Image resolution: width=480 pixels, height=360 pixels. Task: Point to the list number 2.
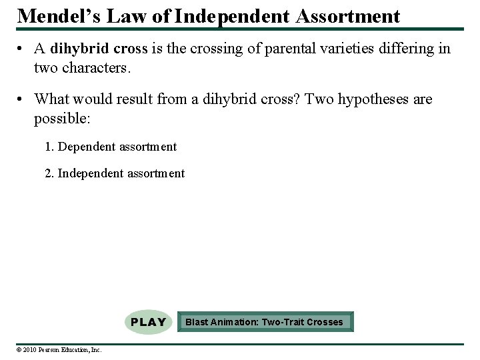[x=48, y=173]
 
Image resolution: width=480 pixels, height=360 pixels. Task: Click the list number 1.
[x=48, y=147]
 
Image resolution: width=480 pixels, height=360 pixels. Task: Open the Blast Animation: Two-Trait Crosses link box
[x=265, y=322]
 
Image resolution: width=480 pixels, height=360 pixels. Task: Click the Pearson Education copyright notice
[x=59, y=349]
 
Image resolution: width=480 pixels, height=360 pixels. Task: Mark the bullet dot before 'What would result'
[x=22, y=100]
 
